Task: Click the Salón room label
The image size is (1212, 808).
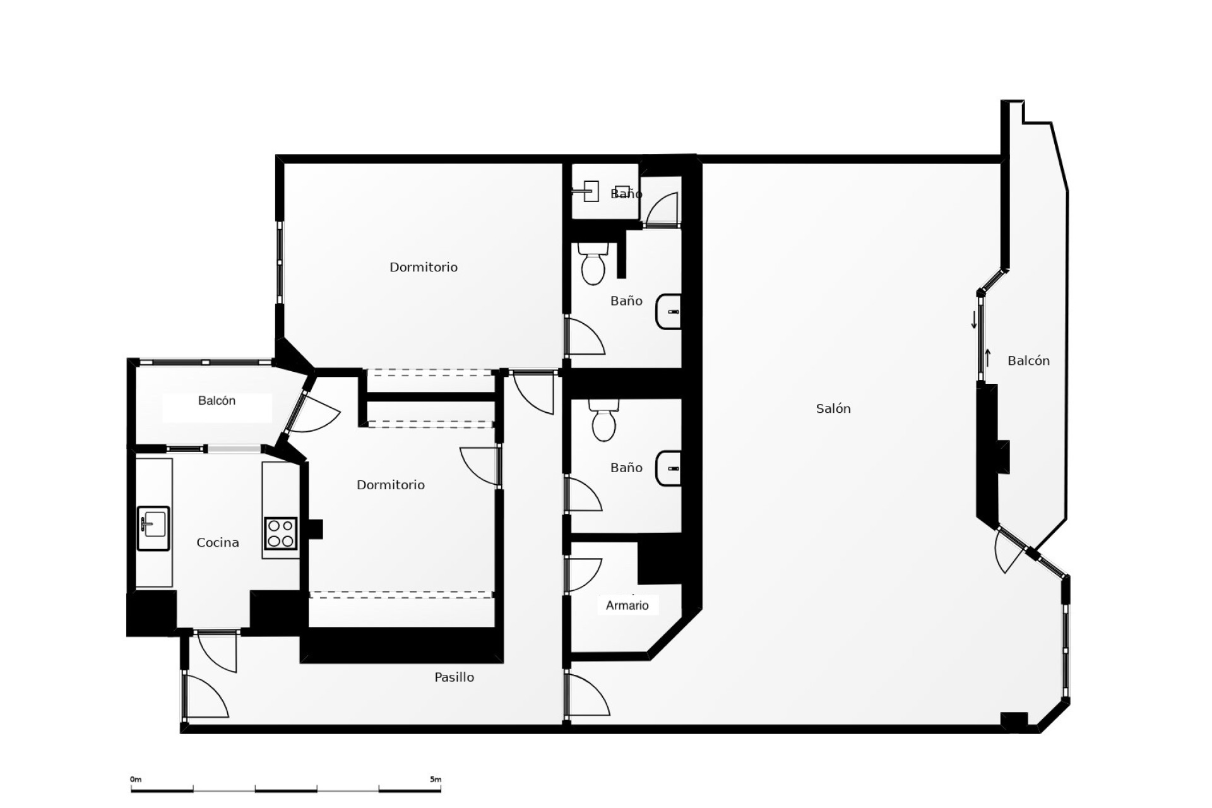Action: [833, 409]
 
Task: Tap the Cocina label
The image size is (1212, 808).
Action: [218, 543]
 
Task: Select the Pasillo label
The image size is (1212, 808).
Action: [454, 677]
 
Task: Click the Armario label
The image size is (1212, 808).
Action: [627, 606]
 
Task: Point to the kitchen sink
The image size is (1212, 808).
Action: [153, 528]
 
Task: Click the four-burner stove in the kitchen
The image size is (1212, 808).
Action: [280, 533]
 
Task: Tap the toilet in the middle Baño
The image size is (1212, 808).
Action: [593, 264]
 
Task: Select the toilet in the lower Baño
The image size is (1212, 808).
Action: [603, 421]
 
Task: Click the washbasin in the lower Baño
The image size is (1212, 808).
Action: [669, 469]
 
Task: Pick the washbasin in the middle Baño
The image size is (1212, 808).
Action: [669, 312]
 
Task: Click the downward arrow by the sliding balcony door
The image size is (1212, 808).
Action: [974, 320]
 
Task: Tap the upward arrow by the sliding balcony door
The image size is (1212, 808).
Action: [988, 358]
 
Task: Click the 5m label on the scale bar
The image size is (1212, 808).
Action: [436, 780]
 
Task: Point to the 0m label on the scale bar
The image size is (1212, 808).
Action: [136, 780]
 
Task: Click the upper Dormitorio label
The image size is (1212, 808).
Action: [423, 268]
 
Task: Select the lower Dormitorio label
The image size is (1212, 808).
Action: [390, 485]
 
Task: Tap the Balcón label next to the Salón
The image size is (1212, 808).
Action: [1028, 361]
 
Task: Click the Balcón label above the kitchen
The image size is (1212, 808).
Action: [217, 401]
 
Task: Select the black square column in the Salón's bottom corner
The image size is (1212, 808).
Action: [1014, 720]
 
